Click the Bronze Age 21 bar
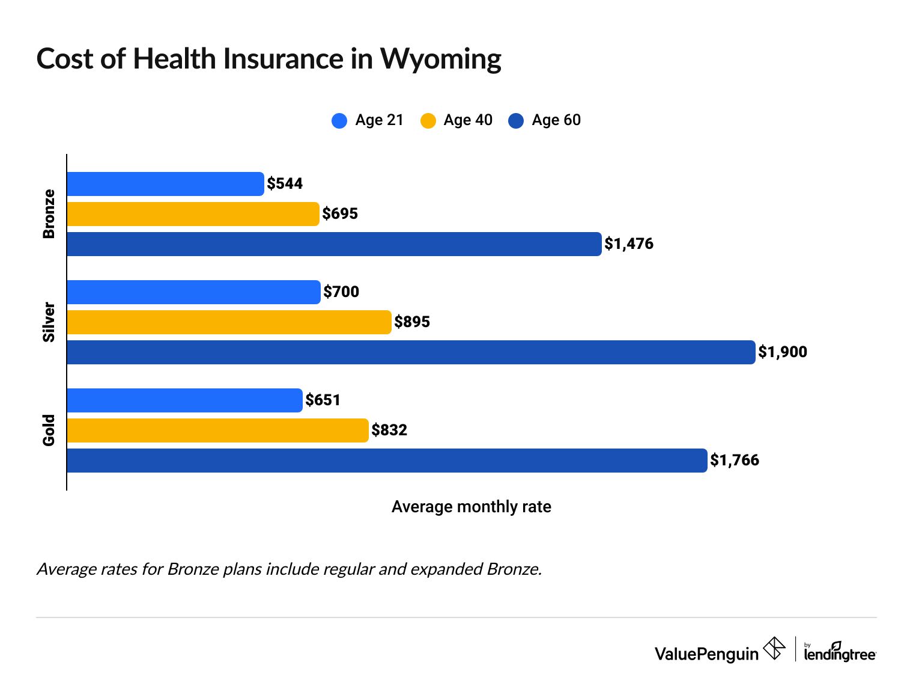pyautogui.click(x=165, y=184)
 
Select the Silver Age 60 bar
pyautogui.click(x=411, y=352)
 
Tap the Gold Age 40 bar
pyautogui.click(x=217, y=430)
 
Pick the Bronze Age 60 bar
pyautogui.click(x=334, y=244)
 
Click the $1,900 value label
pyautogui.click(x=783, y=352)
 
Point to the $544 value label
pyautogui.click(x=285, y=183)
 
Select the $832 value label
pyautogui.click(x=389, y=430)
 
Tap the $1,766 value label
pyautogui.click(x=735, y=460)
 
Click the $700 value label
pyautogui.click(x=341, y=292)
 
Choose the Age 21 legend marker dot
pyautogui.click(x=339, y=120)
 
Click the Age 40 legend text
pyautogui.click(x=468, y=120)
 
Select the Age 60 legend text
pyautogui.click(x=556, y=120)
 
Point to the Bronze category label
pyautogui.click(x=49, y=214)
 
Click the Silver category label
pyautogui.click(x=49, y=322)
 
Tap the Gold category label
pyautogui.click(x=49, y=430)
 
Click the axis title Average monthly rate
pyautogui.click(x=471, y=507)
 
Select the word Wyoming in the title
pyautogui.click(x=441, y=60)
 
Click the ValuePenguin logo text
pyautogui.click(x=706, y=654)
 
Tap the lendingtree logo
pyautogui.click(x=840, y=652)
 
